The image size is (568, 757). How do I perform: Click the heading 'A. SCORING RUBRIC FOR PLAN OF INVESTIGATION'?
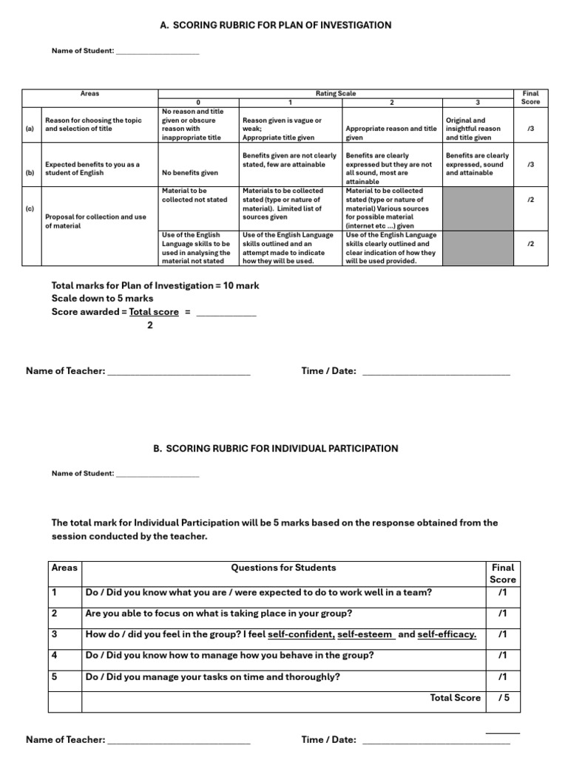(276, 25)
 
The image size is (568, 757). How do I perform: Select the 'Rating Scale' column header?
(336, 94)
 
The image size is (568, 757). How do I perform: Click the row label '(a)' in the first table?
(30, 129)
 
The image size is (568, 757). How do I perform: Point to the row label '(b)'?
(30, 173)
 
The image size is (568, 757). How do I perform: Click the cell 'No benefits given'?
(190, 173)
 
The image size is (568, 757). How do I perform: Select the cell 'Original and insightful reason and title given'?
(473, 129)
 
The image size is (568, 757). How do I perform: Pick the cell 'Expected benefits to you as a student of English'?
(92, 169)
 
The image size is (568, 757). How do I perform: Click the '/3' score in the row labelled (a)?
(530, 129)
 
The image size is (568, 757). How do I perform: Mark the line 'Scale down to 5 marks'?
(103, 299)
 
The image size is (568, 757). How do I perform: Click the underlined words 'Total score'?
(154, 312)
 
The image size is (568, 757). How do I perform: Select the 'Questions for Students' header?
(283, 568)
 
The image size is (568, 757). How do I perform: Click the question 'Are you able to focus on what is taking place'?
(219, 614)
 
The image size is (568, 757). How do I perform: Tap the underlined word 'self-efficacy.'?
(447, 634)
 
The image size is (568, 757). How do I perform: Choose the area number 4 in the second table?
(55, 655)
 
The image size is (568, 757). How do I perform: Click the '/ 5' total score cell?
(504, 698)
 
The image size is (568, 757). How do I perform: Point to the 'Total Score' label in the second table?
(455, 698)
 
